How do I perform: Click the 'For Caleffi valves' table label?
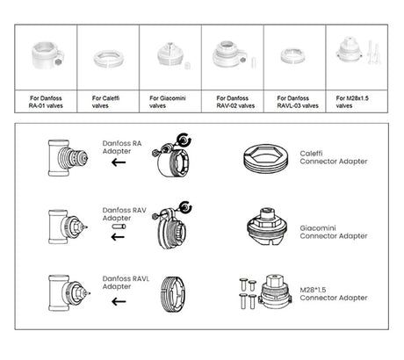pyautogui.click(x=105, y=102)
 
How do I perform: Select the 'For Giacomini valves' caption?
pyautogui.click(x=168, y=102)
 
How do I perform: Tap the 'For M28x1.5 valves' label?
pyautogui.click(x=352, y=102)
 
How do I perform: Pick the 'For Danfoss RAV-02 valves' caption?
pyautogui.click(x=235, y=102)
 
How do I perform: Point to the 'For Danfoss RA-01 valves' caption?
pyautogui.click(x=46, y=102)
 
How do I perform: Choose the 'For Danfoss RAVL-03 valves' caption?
pyautogui.click(x=298, y=102)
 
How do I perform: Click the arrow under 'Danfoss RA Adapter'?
pyautogui.click(x=119, y=162)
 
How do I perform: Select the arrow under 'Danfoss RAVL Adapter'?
pyautogui.click(x=119, y=301)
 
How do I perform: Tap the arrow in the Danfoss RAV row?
pyautogui.click(x=118, y=237)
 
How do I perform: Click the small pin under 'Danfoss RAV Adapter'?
pyautogui.click(x=119, y=227)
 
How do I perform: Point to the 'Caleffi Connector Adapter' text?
pyautogui.click(x=334, y=157)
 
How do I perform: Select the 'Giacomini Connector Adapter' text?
pyautogui.click(x=334, y=232)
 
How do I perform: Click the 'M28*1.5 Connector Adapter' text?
pyautogui.click(x=334, y=293)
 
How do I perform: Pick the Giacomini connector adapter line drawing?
pyautogui.click(x=267, y=227)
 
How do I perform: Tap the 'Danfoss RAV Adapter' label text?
pyautogui.click(x=124, y=214)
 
